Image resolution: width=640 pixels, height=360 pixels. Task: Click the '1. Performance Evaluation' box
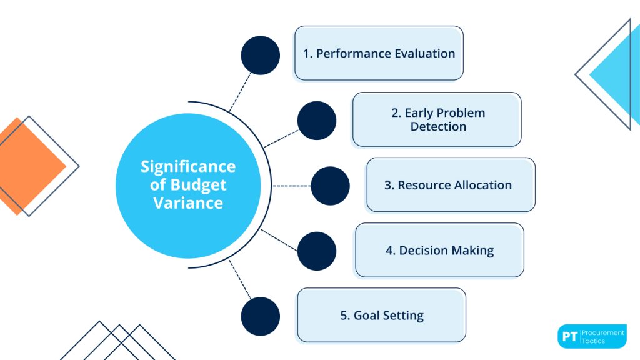379,53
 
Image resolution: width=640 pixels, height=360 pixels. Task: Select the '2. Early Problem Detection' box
437,119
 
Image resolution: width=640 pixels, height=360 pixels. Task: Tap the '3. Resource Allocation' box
451,185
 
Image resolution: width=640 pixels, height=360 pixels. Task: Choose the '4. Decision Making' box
439,251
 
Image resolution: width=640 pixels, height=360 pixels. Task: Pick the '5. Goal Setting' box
381,316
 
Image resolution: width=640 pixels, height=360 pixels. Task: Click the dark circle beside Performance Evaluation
260,56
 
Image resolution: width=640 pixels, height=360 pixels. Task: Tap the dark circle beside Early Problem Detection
316,121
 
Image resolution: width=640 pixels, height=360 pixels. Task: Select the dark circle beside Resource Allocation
330,186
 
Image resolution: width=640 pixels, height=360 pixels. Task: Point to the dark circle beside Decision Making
316,251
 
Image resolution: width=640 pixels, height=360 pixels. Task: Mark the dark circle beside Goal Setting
260,316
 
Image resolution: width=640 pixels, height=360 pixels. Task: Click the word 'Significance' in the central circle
188,167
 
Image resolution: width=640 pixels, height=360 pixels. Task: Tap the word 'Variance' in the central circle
188,203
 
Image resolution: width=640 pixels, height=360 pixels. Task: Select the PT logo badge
569,336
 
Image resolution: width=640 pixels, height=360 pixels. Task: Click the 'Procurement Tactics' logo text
602,336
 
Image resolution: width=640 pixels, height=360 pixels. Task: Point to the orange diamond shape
28,166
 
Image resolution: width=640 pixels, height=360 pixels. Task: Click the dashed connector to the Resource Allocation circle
291,186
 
